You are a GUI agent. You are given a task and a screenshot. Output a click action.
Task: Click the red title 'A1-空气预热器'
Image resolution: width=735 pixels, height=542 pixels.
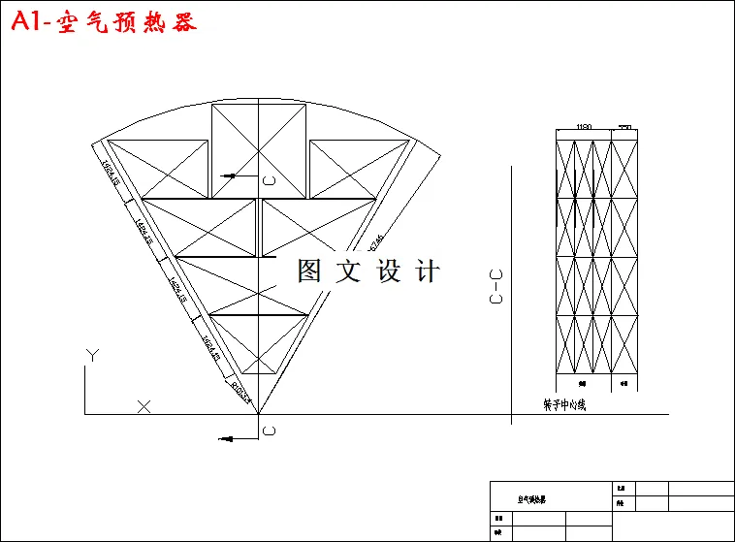104,21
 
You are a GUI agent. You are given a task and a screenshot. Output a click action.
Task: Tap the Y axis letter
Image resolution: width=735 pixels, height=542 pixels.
90,356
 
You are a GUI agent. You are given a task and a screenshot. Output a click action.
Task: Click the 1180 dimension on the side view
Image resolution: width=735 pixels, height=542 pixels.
584,127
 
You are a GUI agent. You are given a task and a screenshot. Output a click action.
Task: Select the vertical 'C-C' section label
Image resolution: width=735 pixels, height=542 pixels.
496,288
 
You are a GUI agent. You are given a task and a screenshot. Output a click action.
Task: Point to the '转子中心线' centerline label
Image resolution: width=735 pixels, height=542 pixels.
564,404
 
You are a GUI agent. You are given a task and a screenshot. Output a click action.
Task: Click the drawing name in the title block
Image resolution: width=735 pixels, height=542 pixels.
530,500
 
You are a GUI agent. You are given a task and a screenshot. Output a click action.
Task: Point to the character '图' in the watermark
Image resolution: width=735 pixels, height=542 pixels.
309,271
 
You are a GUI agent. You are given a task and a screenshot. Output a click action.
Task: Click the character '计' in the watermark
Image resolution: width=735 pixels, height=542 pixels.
427,271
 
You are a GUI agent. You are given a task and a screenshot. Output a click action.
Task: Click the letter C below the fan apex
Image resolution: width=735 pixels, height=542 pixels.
269,430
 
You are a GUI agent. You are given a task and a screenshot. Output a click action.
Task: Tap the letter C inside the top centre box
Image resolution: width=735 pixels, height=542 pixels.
269,180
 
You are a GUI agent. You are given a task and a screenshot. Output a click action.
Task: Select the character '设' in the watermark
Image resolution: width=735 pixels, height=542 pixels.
388,271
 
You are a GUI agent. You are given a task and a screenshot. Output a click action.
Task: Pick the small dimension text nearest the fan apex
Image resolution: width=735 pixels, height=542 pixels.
240,393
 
